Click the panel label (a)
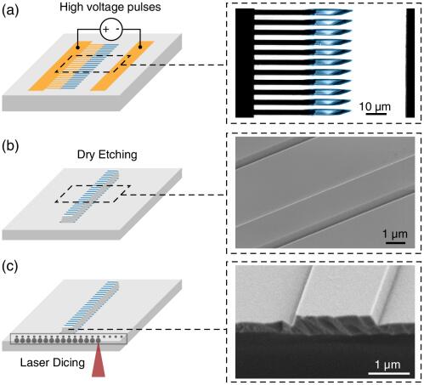click(x=10, y=11)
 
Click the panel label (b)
click(x=10, y=146)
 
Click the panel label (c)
click(x=10, y=267)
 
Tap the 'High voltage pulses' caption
click(x=110, y=7)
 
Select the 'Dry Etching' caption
click(x=107, y=155)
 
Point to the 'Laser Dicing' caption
click(x=53, y=363)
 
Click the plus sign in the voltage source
click(x=105, y=29)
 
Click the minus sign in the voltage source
click(x=119, y=29)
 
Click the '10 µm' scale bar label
click(x=375, y=107)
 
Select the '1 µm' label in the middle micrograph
click(x=395, y=235)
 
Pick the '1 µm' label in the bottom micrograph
click(x=387, y=365)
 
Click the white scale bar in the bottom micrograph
click(x=389, y=373)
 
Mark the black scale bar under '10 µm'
click(x=376, y=114)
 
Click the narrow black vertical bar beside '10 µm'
click(x=410, y=63)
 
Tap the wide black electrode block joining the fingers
click(x=245, y=63)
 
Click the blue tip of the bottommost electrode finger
click(x=331, y=112)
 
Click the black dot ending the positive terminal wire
click(x=77, y=47)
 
